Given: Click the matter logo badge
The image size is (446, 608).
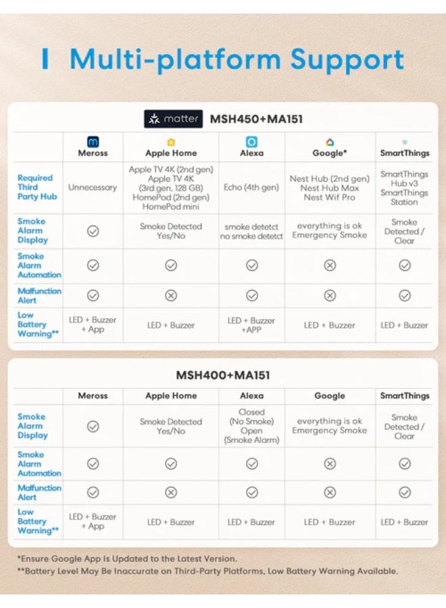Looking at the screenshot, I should [173, 119].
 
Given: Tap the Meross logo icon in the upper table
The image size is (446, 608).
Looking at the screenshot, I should [93, 142].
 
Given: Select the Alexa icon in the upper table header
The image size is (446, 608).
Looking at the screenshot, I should [251, 142].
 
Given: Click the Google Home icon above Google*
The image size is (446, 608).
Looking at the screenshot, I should [330, 142].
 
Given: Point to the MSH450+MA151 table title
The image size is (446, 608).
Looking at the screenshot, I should [256, 120].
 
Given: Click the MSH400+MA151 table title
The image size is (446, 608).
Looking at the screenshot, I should [223, 375].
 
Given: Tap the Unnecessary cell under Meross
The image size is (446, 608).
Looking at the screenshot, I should [93, 188].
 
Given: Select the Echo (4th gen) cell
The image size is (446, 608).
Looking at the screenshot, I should [251, 188].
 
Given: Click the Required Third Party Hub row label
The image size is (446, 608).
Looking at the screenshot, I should [37, 188].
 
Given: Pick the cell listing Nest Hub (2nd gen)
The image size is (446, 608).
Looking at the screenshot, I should [330, 188].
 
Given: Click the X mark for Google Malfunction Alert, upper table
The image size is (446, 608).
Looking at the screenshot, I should [330, 295].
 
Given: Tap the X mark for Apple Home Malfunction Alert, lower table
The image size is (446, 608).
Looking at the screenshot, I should [171, 492].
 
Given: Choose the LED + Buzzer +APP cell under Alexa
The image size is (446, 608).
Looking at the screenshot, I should [251, 325].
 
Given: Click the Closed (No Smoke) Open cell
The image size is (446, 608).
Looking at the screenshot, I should [251, 426].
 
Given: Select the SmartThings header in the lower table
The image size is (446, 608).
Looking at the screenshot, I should [404, 396].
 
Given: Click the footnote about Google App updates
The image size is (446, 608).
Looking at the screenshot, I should [127, 559].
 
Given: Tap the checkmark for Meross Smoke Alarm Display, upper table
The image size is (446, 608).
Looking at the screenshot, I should [93, 231].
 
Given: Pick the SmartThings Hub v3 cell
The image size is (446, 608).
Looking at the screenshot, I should [404, 188].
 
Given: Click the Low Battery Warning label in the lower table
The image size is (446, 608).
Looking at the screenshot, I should [38, 522].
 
